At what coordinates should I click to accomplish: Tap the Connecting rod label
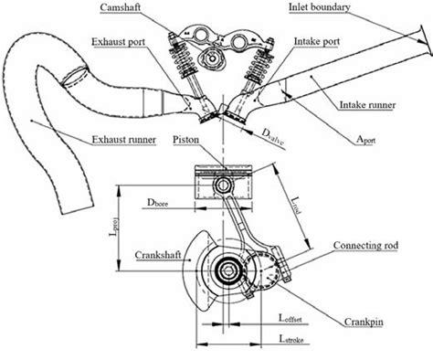pyautogui.click(x=365, y=246)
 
